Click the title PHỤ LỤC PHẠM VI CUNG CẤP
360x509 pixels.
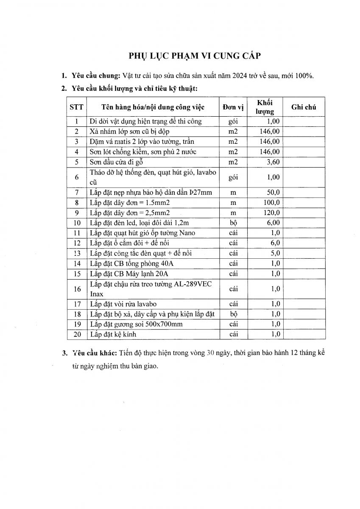[195, 56]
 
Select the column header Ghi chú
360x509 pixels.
[304, 107]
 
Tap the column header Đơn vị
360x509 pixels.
[233, 107]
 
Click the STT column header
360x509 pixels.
[76, 107]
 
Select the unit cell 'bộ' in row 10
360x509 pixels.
[233, 223]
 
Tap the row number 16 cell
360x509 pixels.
[77, 289]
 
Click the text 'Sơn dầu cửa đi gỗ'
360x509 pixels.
[117, 162]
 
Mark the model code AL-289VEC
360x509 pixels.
[195, 284]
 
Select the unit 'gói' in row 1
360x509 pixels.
[233, 121]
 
